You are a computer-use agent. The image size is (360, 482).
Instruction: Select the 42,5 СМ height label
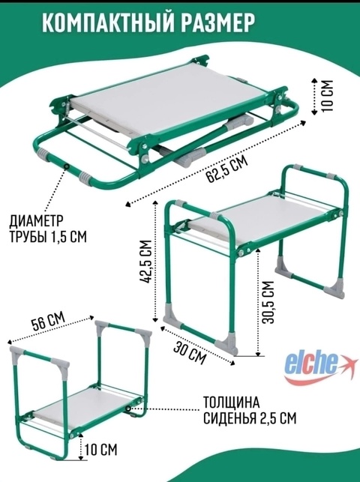coord(146,262)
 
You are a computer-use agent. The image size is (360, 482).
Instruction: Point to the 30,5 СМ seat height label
coord(267,302)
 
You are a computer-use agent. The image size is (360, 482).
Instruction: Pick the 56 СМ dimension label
coord(48,322)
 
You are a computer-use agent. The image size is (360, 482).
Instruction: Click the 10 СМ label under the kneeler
coord(101,450)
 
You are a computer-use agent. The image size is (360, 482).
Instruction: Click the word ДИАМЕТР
coord(37,220)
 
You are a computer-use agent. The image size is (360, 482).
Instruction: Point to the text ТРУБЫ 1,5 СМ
coord(48,236)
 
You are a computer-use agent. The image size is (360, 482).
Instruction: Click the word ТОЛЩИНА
coord(231,403)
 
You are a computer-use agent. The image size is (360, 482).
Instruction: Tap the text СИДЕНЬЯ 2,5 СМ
coord(250,418)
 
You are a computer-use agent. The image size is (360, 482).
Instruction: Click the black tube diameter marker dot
coord(66,166)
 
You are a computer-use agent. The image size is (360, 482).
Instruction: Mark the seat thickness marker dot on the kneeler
coord(128,409)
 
